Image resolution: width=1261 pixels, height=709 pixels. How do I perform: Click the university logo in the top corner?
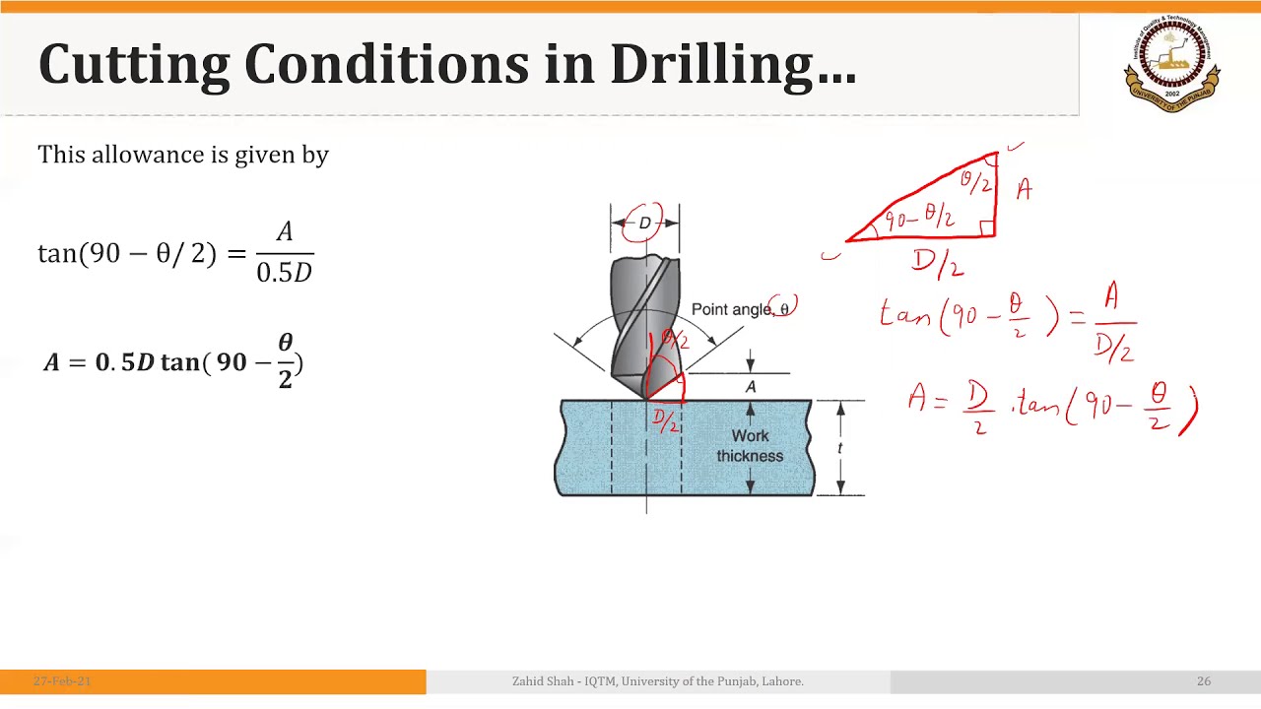point(1172,64)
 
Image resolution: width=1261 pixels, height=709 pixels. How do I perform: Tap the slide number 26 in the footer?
point(1204,681)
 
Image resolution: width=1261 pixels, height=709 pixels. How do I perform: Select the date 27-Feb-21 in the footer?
point(62,681)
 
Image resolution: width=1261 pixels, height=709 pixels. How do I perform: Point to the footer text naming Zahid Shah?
point(657,681)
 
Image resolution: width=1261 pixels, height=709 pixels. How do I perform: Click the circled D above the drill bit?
point(644,224)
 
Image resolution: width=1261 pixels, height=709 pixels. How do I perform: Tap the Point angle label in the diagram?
point(733,309)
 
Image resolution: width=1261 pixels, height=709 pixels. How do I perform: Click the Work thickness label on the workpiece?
point(750,446)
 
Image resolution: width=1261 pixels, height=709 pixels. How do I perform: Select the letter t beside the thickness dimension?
point(839,448)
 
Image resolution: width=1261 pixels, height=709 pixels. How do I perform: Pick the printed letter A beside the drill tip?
point(751,387)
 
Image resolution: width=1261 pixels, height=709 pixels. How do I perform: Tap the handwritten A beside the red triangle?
point(1024,189)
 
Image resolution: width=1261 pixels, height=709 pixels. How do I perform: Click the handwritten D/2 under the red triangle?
point(937,263)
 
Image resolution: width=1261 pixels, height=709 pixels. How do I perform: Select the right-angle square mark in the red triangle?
point(987,228)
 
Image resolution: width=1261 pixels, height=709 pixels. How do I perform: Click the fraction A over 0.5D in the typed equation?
point(285,253)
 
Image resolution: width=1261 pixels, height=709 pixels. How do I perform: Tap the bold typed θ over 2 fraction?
point(285,361)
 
